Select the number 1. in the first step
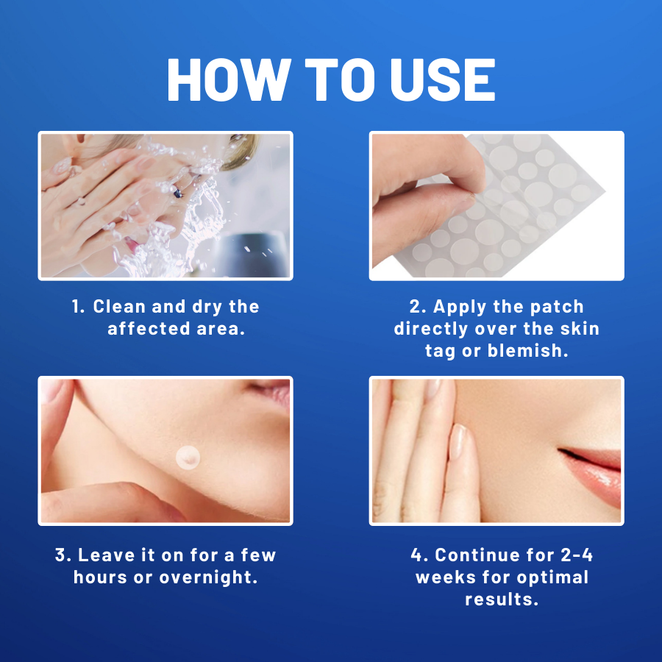tap(79, 307)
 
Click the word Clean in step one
tap(120, 307)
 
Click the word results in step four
tap(502, 599)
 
